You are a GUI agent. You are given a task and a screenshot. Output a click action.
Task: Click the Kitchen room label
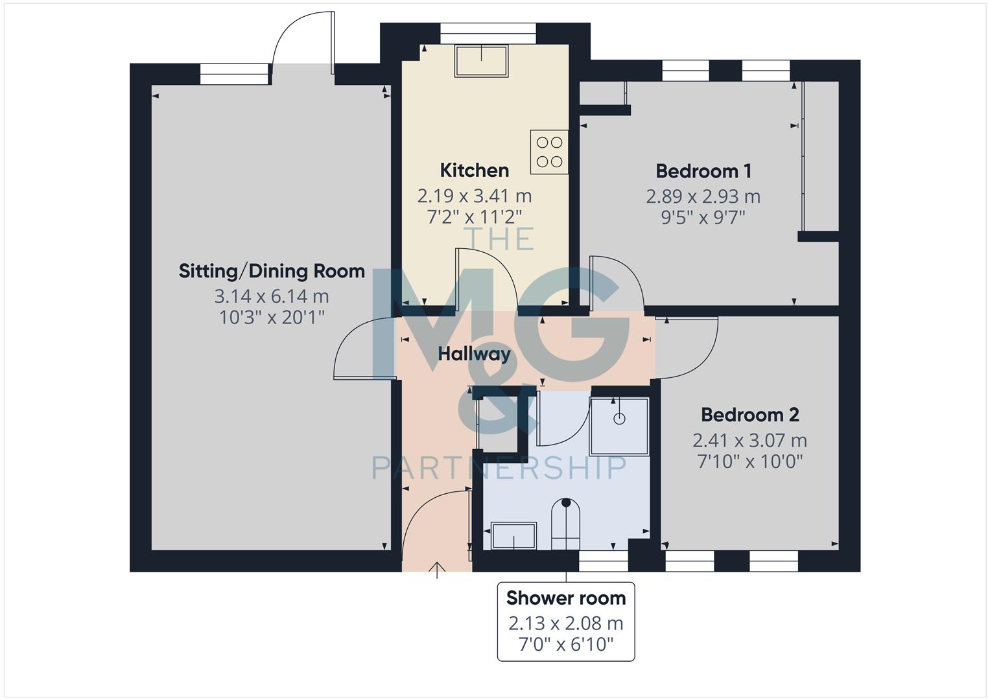pos(474,170)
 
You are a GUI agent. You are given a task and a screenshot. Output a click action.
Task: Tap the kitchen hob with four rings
pos(549,152)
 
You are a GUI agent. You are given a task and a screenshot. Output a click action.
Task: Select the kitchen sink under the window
pos(481,61)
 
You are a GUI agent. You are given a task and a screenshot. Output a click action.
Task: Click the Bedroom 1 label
pos(703,171)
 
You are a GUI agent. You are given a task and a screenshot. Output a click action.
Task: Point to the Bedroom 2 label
pos(749,415)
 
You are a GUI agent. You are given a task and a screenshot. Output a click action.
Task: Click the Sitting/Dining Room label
pos(272,271)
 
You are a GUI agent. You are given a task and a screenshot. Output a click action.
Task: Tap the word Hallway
pos(474,354)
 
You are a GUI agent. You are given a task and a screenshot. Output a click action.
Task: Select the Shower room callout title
pos(566,598)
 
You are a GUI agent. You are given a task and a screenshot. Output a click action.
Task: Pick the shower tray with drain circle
pos(619,426)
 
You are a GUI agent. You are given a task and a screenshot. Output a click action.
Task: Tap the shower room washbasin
pos(513,536)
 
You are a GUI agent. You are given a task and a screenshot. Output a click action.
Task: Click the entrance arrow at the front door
pos(438,570)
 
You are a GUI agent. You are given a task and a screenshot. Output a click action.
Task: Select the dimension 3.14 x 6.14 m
pos(272,297)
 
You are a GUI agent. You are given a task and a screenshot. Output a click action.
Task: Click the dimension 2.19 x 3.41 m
pos(474,196)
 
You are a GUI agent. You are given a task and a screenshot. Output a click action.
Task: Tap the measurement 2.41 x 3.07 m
pos(749,441)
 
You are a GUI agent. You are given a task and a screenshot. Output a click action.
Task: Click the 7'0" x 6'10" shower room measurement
pos(566,645)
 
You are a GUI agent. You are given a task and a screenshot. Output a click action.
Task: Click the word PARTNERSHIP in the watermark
pos(499,467)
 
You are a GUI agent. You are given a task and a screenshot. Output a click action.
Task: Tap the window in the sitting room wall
pos(234,74)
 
